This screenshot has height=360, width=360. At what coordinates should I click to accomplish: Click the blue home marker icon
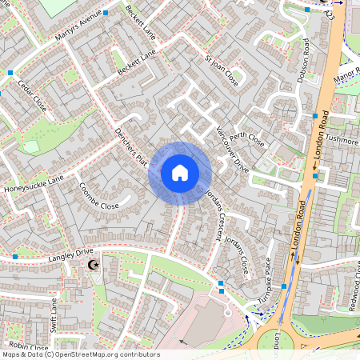tap(180, 173)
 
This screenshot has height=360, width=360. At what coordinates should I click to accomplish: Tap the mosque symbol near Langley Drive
tap(93, 264)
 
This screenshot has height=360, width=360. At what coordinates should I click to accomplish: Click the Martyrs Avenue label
tap(81, 26)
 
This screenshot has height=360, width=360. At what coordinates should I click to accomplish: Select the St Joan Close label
tap(222, 71)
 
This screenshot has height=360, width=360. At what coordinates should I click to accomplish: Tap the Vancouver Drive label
tap(231, 147)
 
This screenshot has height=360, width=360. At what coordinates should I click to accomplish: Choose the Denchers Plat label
tap(132, 149)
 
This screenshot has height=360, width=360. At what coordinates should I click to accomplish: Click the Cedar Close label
tap(33, 96)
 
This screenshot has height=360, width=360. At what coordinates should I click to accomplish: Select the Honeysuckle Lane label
tap(34, 186)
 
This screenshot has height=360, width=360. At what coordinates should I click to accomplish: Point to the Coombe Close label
tap(98, 194)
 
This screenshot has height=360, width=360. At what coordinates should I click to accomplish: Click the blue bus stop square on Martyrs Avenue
tap(106, 14)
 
